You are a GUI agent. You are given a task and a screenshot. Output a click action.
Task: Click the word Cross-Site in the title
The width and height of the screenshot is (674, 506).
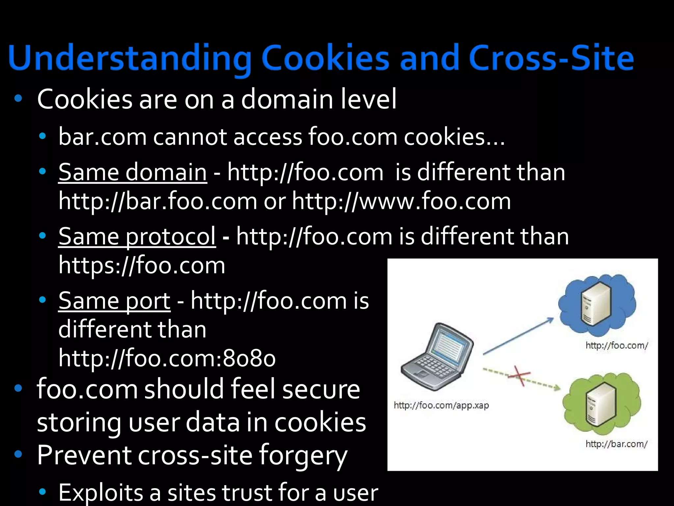tap(551, 59)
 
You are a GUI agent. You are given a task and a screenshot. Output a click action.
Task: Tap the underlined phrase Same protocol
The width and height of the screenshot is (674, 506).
tap(137, 236)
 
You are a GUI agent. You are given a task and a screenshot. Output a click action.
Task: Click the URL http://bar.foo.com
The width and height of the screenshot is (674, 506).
tap(158, 201)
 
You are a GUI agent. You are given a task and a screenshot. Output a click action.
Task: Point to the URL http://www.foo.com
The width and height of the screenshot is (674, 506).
tap(402, 201)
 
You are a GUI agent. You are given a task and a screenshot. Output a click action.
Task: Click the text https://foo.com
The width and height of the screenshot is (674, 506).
tap(142, 265)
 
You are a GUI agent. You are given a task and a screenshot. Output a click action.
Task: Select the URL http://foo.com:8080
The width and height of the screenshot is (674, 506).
tap(167, 358)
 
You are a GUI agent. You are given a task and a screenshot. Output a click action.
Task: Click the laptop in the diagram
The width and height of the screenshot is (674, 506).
tap(437, 356)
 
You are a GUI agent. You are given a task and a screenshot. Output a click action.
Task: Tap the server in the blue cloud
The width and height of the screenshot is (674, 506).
tap(596, 305)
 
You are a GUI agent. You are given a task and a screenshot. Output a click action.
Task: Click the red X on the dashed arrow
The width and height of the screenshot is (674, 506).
tap(519, 376)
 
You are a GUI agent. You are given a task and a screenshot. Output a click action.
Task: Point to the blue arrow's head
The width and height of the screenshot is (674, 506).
tap(551, 319)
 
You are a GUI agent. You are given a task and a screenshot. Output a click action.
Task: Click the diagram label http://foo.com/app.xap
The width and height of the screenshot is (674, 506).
tap(441, 405)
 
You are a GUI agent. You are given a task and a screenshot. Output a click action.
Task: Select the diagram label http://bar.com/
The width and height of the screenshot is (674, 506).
tap(616, 444)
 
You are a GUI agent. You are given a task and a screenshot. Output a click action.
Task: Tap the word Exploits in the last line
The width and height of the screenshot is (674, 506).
tap(101, 492)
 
